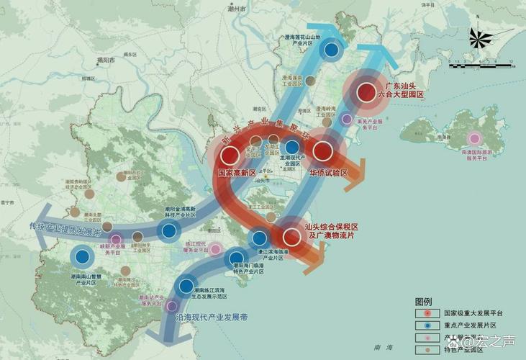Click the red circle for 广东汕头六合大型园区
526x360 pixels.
(x=366, y=91)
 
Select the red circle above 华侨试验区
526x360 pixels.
(x=322, y=151)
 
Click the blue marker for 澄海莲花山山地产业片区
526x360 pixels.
(x=331, y=50)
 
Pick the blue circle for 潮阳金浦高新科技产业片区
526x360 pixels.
(x=169, y=231)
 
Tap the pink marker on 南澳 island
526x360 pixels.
(x=474, y=138)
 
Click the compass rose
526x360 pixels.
(x=481, y=38)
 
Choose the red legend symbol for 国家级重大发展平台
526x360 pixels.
(x=427, y=313)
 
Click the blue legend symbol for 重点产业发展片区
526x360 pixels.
(x=427, y=326)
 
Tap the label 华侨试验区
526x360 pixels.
(x=329, y=174)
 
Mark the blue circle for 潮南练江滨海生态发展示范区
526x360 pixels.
(x=189, y=286)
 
